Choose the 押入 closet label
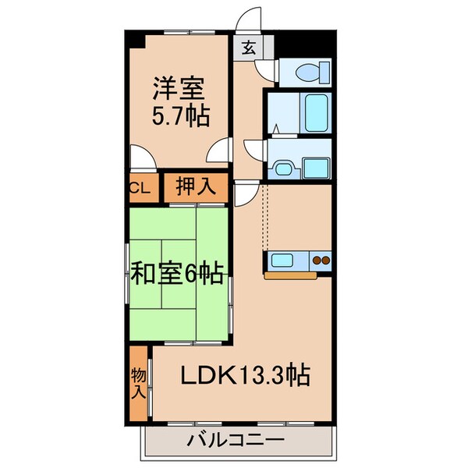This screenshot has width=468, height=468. coord(195,187)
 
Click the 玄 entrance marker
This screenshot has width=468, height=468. coord(247,49)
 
